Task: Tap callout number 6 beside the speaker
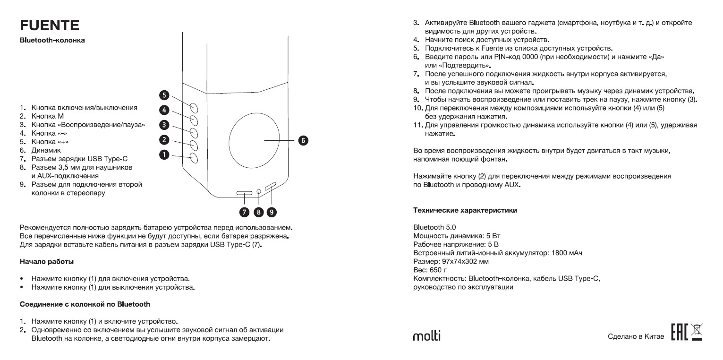coord(303,140)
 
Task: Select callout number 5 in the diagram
coord(164,95)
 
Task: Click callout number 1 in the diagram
coord(164,154)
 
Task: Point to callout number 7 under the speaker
coord(245,212)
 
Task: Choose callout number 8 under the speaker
coord(258,212)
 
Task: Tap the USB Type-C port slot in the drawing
coord(245,193)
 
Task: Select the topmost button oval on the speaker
coord(194,107)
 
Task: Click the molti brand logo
coord(427,336)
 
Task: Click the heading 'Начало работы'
coord(47,261)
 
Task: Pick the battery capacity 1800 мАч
coord(566,253)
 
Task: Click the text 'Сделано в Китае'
coord(636,337)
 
